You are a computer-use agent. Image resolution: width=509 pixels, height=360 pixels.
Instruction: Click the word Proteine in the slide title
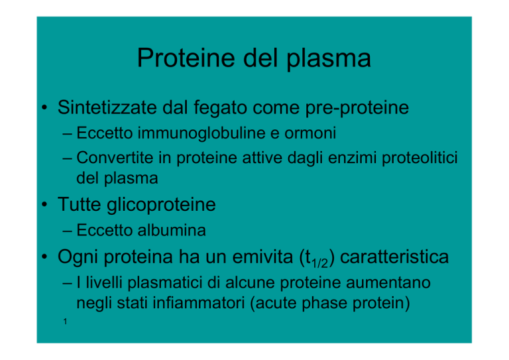pos(186,58)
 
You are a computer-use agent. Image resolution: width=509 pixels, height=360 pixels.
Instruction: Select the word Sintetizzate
pos(107,107)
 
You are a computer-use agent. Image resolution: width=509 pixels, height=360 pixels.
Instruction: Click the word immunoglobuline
pos(201,133)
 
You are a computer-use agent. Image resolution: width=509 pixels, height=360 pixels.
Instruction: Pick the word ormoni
pos(310,133)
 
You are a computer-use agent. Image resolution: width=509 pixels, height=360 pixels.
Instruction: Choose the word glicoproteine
pos(161,205)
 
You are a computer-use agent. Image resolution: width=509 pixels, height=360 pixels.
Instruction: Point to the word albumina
pos(172,230)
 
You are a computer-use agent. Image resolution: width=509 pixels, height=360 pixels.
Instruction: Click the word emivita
pos(262,257)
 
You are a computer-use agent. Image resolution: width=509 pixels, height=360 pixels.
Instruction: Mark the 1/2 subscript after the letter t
pos(319,263)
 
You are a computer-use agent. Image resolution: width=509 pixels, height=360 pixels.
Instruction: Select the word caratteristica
pos(394,257)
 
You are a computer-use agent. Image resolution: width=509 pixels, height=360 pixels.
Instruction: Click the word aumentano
pos(388,282)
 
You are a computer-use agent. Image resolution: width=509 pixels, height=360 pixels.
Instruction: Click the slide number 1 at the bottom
pos(65,322)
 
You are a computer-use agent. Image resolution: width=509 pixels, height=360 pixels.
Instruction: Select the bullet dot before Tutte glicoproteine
pos(44,204)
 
